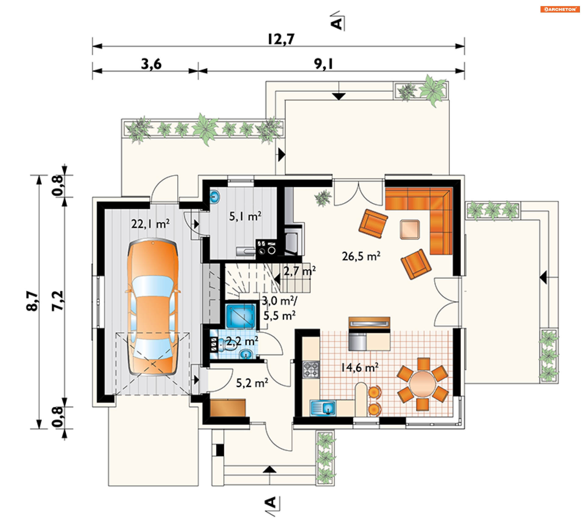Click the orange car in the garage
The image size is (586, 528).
153,307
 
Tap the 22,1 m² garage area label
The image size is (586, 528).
150,224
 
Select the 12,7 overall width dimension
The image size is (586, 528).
281,39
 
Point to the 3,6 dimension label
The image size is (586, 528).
151,64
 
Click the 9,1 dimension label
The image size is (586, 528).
324,64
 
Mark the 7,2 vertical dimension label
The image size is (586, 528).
57,301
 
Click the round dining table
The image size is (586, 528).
422,384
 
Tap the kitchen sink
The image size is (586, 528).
323,408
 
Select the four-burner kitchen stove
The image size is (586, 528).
311,369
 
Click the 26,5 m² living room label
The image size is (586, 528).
361,256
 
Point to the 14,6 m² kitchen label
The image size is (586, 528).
360,367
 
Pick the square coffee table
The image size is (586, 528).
410,229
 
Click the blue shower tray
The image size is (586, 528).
240,316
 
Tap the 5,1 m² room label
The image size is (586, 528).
245,216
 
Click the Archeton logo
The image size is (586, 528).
560,9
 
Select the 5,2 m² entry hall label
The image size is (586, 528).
252,383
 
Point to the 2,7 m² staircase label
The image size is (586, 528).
299,271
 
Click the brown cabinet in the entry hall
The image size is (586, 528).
228,408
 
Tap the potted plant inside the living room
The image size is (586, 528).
323,198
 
